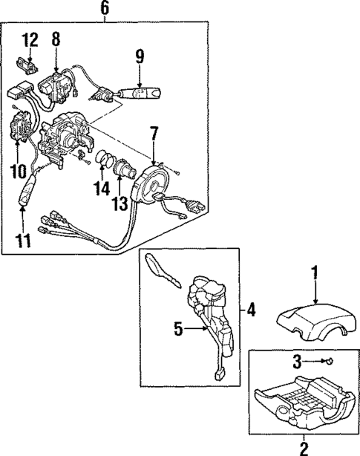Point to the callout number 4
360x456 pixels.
[252, 307]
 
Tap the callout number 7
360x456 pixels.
[154, 135]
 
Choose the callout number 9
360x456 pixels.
[140, 54]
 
